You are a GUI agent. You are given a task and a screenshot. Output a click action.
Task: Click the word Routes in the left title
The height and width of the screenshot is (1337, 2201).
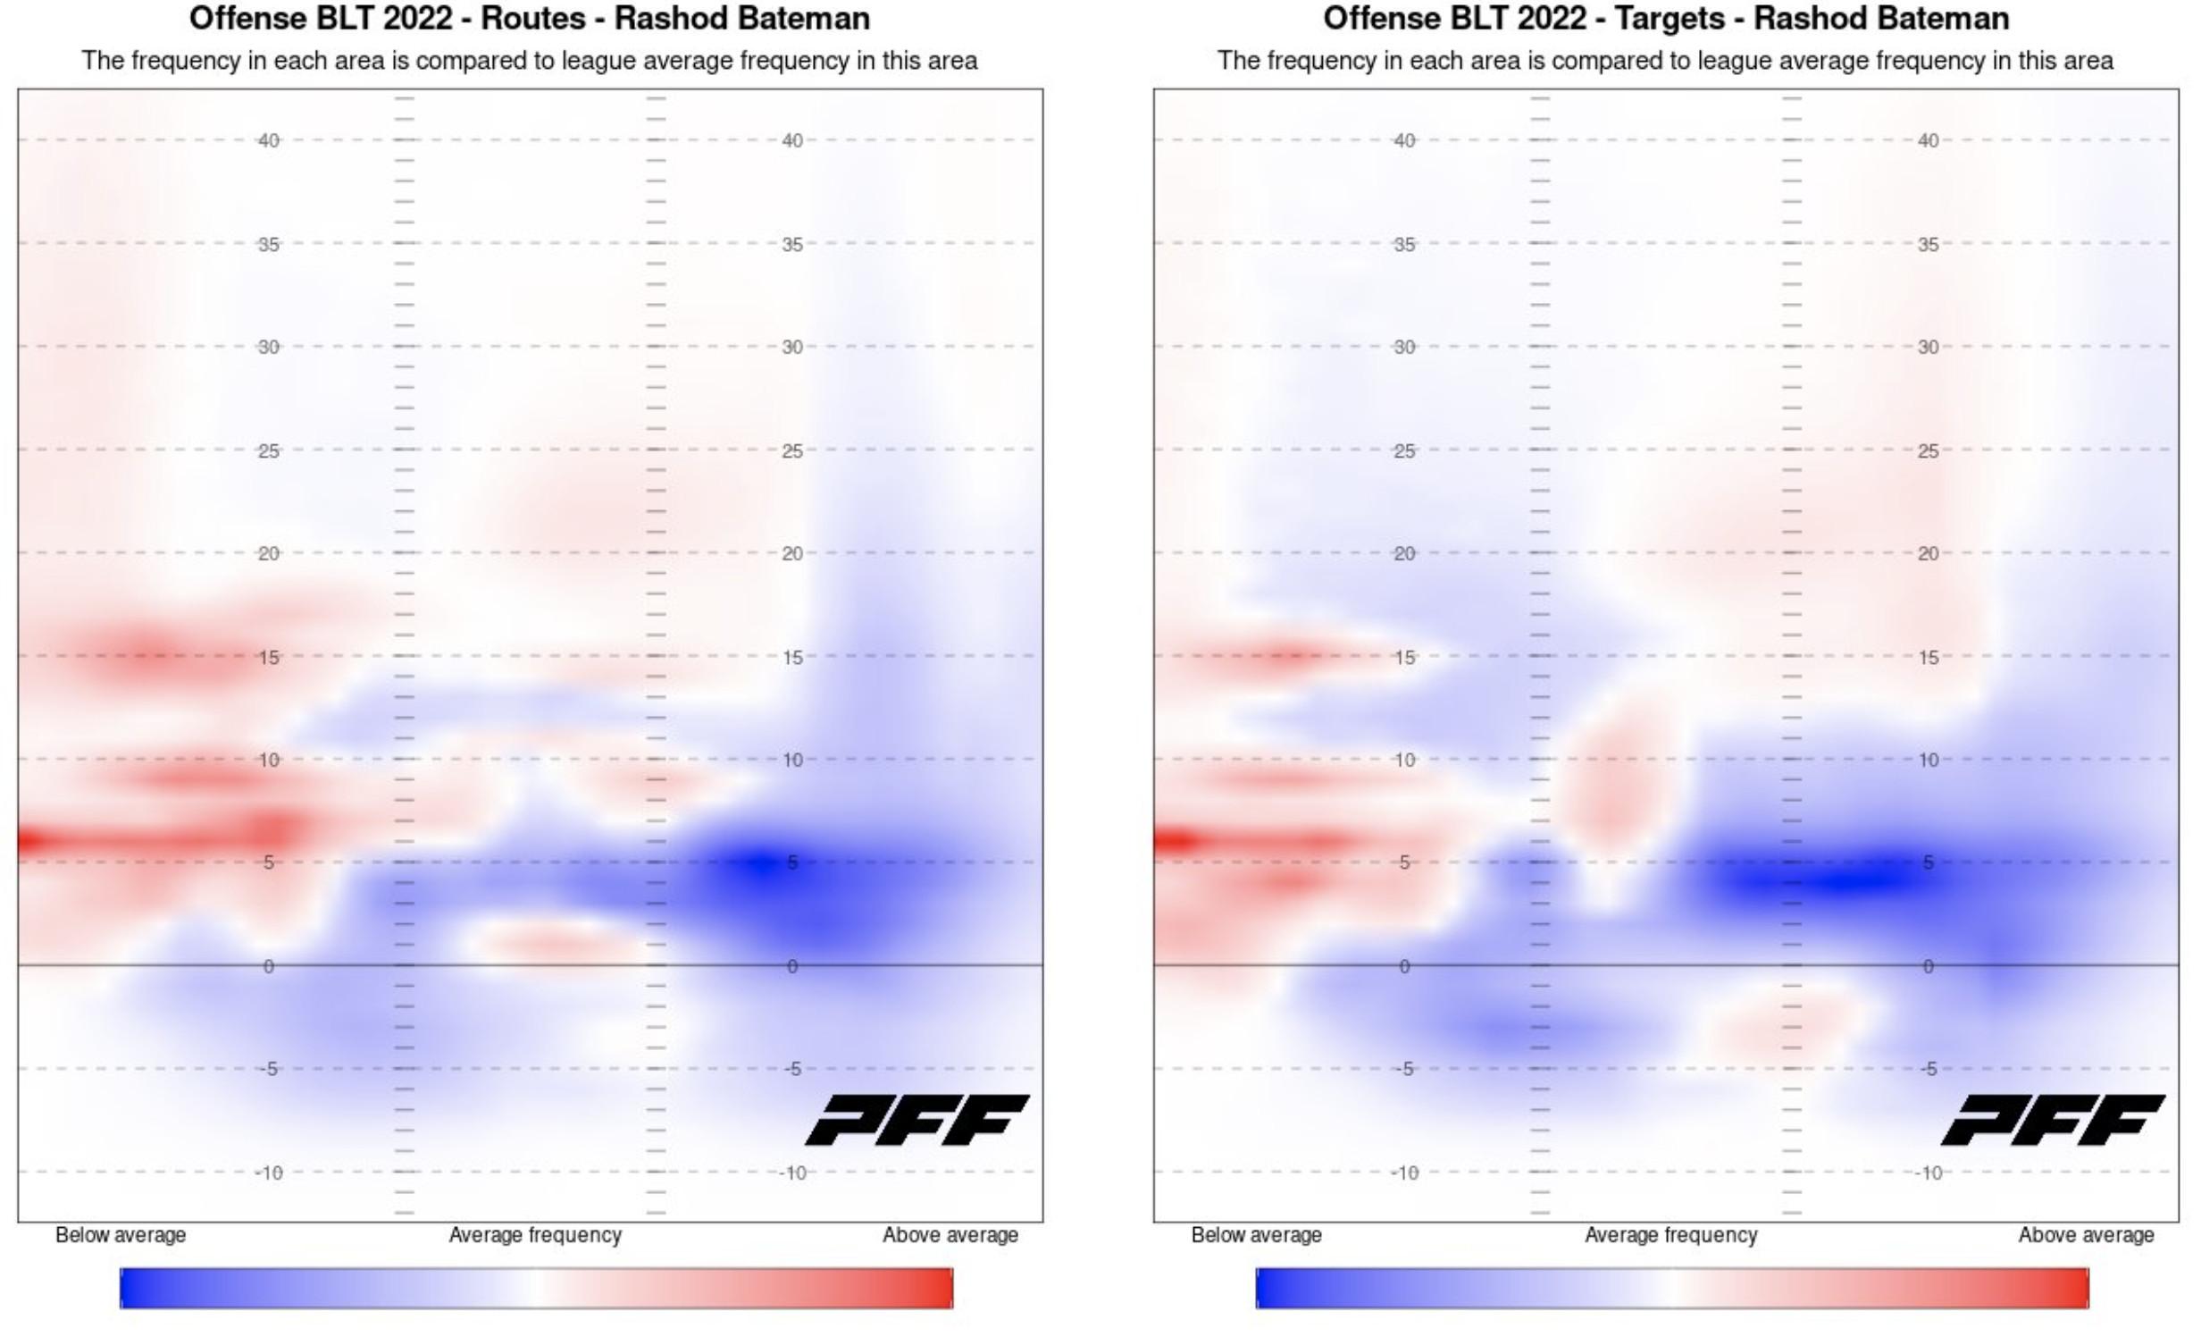click(533, 19)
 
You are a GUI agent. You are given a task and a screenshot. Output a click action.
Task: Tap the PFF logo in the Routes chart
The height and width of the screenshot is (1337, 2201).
click(917, 1120)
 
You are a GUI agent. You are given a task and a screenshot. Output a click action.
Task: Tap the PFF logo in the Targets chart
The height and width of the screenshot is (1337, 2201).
click(2053, 1120)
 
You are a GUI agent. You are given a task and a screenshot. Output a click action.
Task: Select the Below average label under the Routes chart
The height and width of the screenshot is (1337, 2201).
click(121, 1235)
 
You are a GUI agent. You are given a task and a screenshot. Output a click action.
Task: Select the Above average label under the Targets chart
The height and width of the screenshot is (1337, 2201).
click(2086, 1235)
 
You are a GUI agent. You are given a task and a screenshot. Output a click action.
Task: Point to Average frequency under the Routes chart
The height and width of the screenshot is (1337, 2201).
click(535, 1235)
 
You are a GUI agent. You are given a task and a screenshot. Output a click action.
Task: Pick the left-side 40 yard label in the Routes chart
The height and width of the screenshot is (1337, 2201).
click(269, 140)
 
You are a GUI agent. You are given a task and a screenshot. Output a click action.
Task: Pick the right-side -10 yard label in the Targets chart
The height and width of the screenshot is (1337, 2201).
click(1929, 1173)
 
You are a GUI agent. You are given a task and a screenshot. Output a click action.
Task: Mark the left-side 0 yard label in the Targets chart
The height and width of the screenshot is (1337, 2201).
click(1404, 966)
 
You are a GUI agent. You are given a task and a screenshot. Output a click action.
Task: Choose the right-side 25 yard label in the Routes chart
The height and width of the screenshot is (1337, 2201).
click(792, 450)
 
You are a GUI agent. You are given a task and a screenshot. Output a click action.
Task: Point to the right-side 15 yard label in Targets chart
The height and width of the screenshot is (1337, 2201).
click(1929, 657)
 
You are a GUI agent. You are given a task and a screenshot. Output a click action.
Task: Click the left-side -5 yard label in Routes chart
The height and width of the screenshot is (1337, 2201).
click(268, 1069)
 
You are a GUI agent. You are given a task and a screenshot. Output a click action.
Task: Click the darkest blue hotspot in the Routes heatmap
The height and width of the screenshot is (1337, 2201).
click(759, 863)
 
